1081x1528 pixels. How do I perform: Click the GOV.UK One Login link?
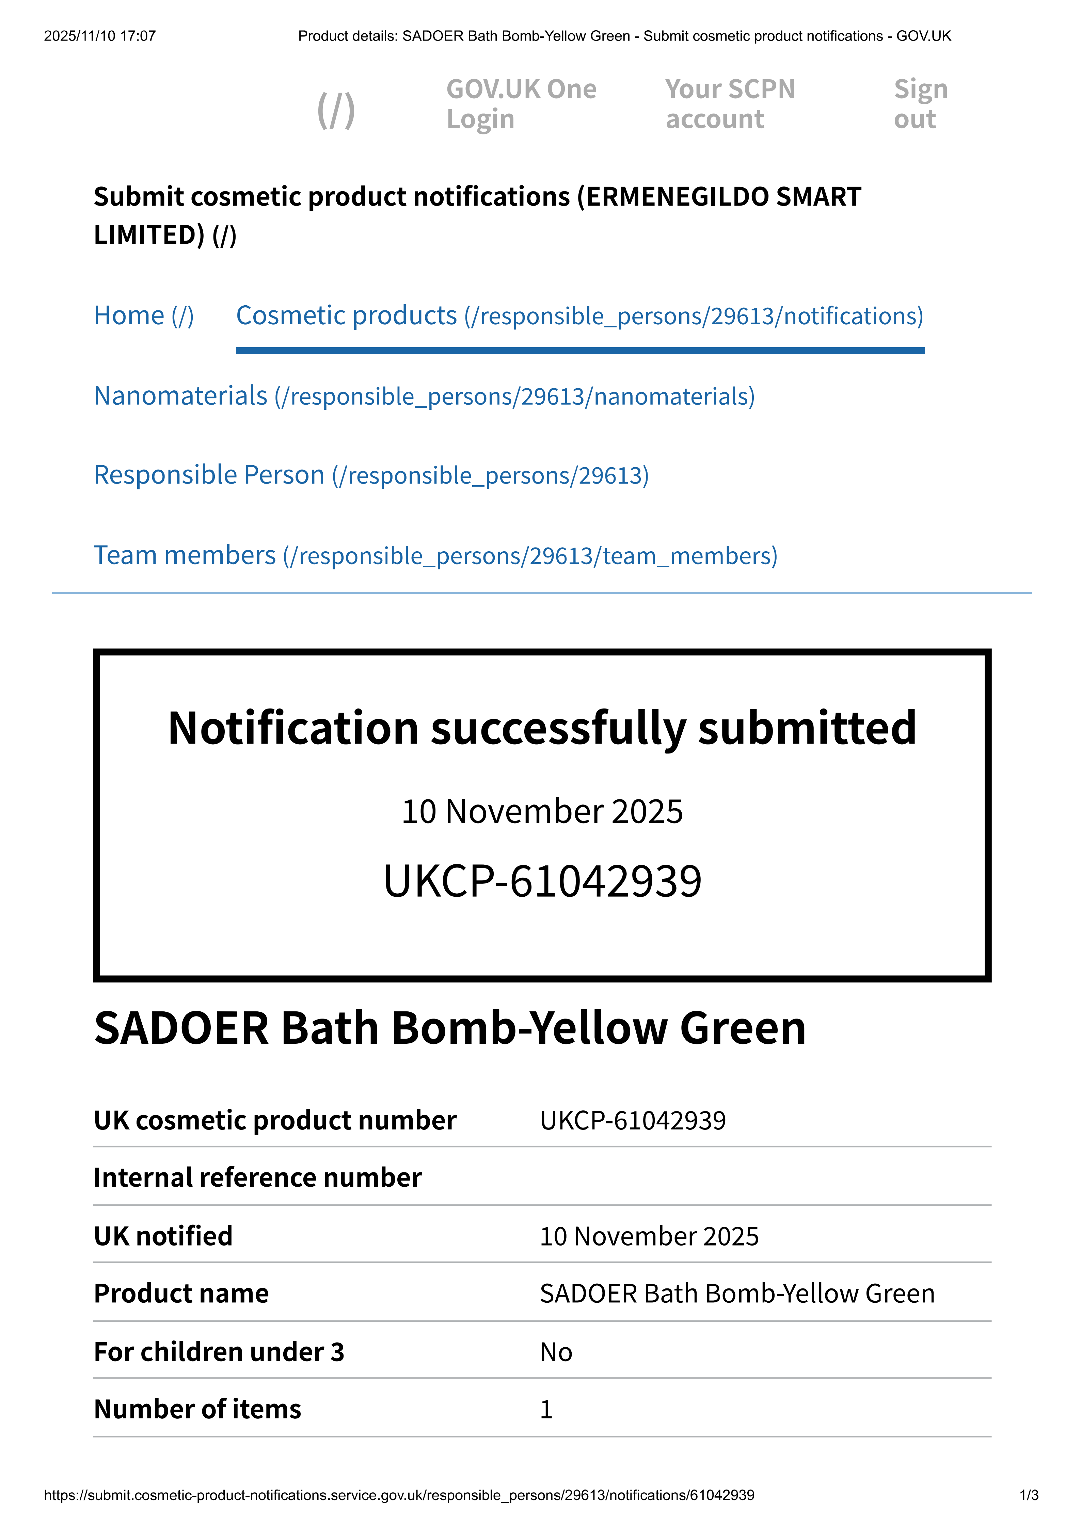pos(521,104)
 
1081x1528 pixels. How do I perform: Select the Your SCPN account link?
pos(730,104)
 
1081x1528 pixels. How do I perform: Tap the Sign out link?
pos(921,104)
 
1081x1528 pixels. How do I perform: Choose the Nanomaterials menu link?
pos(424,396)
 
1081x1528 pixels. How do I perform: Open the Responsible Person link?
pos(371,475)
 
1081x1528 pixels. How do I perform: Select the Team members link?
pos(435,555)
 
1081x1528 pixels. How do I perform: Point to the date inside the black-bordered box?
pos(542,811)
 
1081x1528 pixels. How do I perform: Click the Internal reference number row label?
pos(258,1177)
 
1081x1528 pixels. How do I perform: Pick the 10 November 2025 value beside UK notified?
pos(649,1236)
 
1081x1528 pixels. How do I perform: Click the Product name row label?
pos(181,1293)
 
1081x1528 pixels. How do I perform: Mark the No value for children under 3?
pos(556,1352)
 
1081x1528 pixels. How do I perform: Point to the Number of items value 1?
pos(546,1409)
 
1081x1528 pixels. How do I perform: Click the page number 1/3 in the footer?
pos(1029,1495)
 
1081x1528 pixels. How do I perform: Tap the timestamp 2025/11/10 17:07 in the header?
pos(100,36)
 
